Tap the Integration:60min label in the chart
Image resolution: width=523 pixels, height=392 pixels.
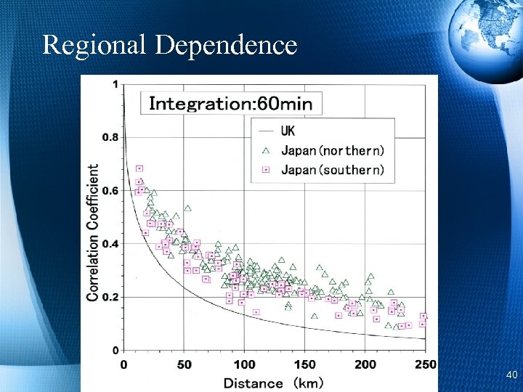tap(230, 104)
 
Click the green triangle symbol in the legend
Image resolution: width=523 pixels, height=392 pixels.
tap(265, 150)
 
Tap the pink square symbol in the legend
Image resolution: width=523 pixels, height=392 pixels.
tap(265, 170)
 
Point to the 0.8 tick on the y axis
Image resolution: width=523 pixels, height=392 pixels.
tap(109, 137)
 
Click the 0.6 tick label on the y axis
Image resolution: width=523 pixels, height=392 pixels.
tap(109, 191)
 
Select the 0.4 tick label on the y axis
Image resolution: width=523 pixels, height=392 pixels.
tap(109, 244)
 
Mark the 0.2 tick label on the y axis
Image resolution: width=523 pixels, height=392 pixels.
tap(109, 298)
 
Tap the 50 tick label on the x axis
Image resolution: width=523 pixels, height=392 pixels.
tap(184, 364)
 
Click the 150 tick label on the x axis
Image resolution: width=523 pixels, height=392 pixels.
tap(305, 364)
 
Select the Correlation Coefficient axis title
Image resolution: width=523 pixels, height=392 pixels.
tap(94, 232)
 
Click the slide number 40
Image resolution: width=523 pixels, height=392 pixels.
tap(511, 375)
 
